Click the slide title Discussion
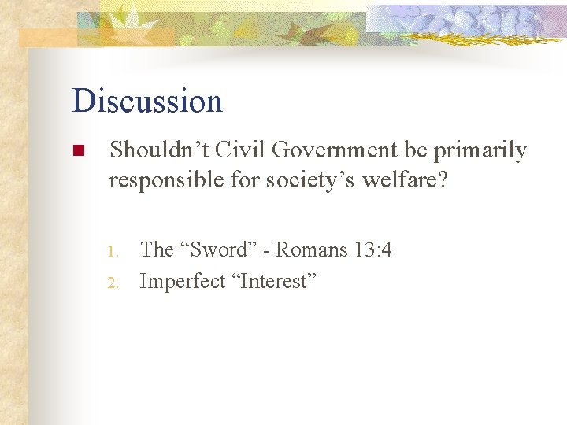click(x=147, y=101)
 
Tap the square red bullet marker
click(x=77, y=151)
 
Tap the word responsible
click(x=164, y=181)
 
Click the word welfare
click(x=401, y=180)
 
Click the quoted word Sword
click(x=217, y=250)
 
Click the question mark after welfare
click(x=442, y=180)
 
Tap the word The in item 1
click(x=157, y=250)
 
